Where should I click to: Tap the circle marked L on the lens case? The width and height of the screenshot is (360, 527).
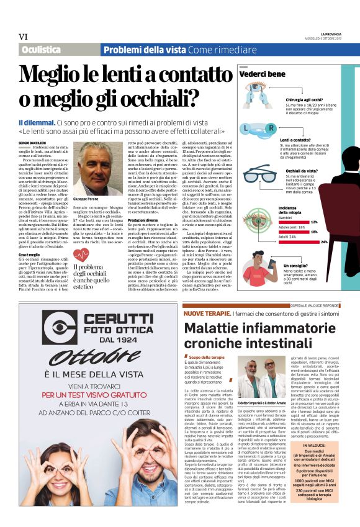point(248,128)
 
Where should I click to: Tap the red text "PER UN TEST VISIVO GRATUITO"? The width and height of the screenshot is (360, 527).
point(100,395)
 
